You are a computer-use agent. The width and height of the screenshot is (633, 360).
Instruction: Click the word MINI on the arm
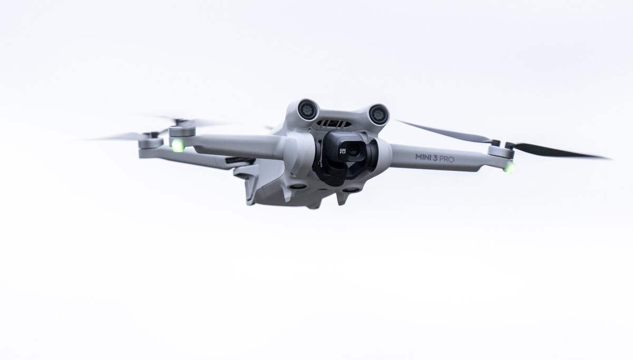pyautogui.click(x=424, y=157)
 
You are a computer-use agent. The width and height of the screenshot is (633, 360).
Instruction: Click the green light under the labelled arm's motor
pyautogui.click(x=509, y=168)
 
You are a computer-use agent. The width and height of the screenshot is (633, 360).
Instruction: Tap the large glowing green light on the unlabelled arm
pyautogui.click(x=178, y=145)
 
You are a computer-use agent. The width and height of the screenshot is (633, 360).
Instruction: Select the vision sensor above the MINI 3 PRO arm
pyautogui.click(x=378, y=114)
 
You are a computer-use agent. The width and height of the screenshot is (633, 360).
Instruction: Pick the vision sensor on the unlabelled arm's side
pyautogui.click(x=308, y=110)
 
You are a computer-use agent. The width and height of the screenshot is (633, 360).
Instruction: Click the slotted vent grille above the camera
pyautogui.click(x=334, y=123)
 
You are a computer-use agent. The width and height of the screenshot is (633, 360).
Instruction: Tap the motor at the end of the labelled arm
pyautogui.click(x=501, y=152)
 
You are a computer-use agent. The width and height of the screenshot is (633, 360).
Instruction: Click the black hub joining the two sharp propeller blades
pyautogui.click(x=501, y=143)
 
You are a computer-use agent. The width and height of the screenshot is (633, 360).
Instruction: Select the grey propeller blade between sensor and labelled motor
pyautogui.click(x=443, y=131)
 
